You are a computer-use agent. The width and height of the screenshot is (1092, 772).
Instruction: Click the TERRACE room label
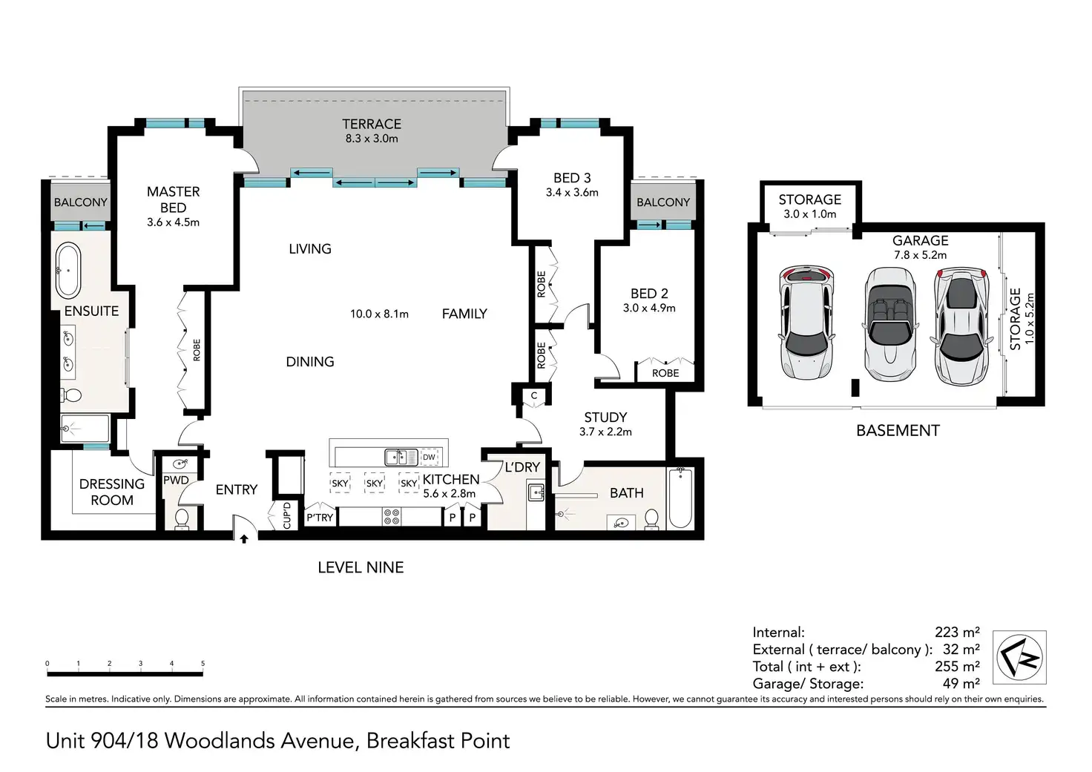[372, 125]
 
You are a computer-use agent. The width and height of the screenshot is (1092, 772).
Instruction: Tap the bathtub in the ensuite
[68, 271]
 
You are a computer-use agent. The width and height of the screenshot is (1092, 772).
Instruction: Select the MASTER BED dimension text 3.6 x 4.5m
[173, 222]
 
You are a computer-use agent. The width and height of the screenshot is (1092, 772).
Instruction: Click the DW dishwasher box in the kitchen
[429, 457]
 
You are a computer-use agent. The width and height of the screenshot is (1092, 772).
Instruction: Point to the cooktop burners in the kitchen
[392, 517]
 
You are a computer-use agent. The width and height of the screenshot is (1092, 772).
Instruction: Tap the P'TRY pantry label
[320, 518]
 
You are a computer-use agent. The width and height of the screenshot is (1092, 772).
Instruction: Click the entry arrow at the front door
[244, 538]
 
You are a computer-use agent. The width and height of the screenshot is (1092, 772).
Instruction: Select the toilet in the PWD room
[182, 518]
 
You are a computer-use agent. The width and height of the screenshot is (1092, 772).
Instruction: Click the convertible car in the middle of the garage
[889, 324]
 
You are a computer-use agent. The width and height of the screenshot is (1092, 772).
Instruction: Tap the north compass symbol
[1019, 657]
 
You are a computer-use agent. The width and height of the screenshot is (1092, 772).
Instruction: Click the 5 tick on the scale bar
[203, 663]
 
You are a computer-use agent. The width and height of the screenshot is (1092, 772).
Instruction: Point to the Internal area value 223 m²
[957, 632]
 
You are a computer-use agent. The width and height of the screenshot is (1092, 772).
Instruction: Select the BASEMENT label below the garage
[898, 431]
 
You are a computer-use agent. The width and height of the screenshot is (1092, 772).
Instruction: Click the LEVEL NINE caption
[361, 567]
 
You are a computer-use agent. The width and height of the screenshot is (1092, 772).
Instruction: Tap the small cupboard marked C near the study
[534, 396]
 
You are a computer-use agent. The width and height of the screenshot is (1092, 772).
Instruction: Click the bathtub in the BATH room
[680, 498]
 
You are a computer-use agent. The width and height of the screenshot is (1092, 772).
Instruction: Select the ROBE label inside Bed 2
[665, 373]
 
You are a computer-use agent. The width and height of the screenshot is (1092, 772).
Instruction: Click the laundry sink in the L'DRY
[536, 492]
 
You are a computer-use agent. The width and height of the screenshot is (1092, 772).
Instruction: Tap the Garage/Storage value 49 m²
[961, 683]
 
